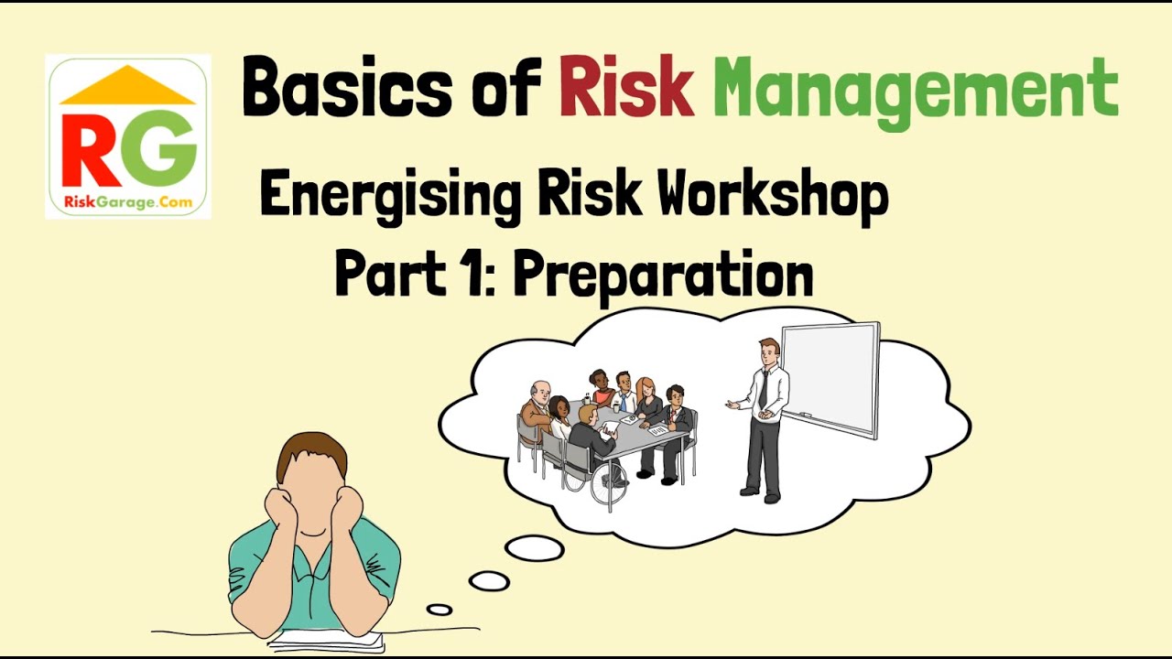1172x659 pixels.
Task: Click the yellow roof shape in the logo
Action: pyautogui.click(x=127, y=87)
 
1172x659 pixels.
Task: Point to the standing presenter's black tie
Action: pyautogui.click(x=763, y=389)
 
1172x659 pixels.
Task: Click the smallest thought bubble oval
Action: pyautogui.click(x=439, y=610)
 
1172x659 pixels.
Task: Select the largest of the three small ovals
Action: pyautogui.click(x=535, y=548)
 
